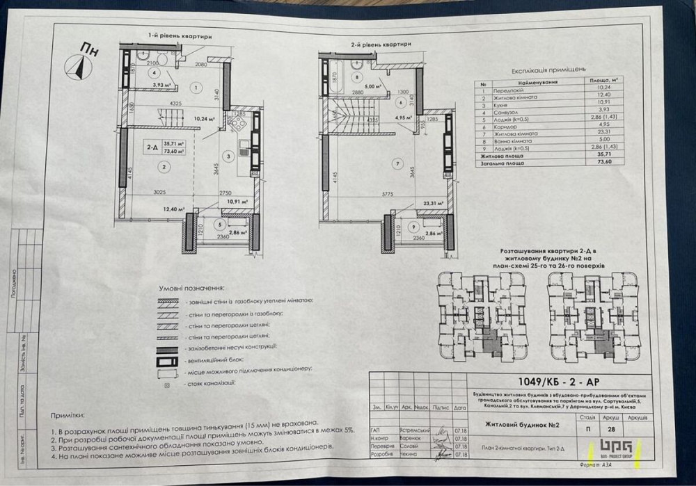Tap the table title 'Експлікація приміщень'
coord(548,70)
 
